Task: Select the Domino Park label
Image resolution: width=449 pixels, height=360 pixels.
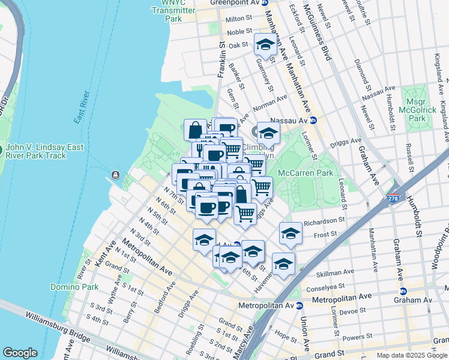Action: [74, 287]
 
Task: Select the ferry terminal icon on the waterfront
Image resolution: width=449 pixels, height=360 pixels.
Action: [115, 175]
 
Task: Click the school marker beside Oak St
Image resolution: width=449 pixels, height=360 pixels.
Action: [265, 44]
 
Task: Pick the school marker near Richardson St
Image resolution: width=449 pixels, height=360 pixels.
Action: [291, 233]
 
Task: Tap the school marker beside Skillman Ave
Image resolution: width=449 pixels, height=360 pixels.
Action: [283, 263]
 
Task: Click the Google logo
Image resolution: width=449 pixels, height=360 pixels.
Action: [20, 353]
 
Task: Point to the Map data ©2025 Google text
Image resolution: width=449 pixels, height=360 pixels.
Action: [411, 355]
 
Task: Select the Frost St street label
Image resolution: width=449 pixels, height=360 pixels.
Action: [322, 236]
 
